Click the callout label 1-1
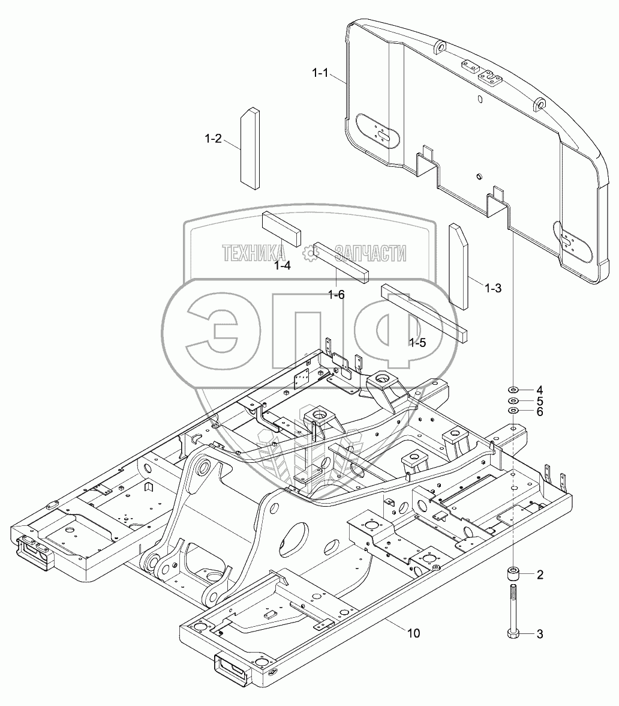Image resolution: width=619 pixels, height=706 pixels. pyautogui.click(x=320, y=73)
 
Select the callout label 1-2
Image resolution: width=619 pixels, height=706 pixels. pyautogui.click(x=214, y=139)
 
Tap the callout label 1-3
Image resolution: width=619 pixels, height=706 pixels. pyautogui.click(x=492, y=288)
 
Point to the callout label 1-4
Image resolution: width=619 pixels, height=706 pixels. pyautogui.click(x=283, y=265)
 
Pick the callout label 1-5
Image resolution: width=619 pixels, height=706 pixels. pyautogui.click(x=417, y=343)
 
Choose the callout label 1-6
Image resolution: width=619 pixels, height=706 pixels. pyautogui.click(x=336, y=295)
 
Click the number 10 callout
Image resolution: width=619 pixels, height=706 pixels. pyautogui.click(x=413, y=633)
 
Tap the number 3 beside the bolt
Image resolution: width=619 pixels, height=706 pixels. pyautogui.click(x=540, y=634)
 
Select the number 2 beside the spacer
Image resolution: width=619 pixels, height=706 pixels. pyautogui.click(x=540, y=575)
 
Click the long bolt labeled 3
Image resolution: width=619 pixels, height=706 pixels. pyautogui.click(x=513, y=611)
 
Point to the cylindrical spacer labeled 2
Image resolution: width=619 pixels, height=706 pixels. pyautogui.click(x=513, y=575)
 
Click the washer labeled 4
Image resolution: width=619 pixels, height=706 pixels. pyautogui.click(x=513, y=390)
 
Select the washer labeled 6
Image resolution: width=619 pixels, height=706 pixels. pyautogui.click(x=513, y=411)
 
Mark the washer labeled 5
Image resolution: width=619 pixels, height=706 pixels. pyautogui.click(x=513, y=401)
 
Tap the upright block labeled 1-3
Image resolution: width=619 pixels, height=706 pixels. pyautogui.click(x=459, y=266)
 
